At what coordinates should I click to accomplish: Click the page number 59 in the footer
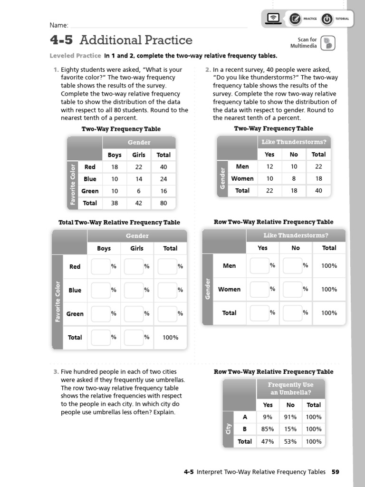336,472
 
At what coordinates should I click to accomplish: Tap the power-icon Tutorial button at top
327,19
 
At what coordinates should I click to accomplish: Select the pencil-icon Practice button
295,19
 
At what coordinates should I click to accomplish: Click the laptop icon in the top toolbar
273,19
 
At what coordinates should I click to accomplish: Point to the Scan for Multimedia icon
327,43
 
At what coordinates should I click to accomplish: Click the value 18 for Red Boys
115,167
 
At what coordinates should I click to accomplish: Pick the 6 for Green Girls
139,191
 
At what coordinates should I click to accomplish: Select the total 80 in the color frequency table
163,203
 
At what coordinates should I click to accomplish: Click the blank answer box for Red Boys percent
101,266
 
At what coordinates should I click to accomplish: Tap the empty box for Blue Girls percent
134,290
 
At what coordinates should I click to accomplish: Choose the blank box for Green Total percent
167,314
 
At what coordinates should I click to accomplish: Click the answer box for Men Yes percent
259,266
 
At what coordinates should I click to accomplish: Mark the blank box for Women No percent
292,289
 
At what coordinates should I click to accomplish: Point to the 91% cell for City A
290,417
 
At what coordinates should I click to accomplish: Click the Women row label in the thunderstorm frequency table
242,178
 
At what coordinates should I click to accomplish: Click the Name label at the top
58,25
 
